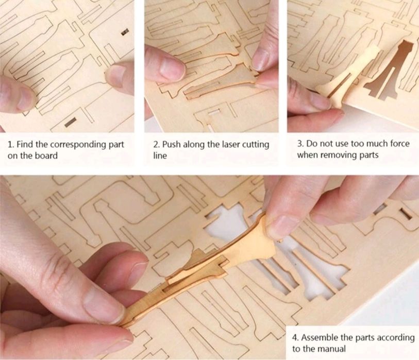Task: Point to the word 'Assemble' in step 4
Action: (319, 338)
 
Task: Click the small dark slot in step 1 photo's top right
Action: (124, 32)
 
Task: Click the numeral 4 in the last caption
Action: (294, 338)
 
